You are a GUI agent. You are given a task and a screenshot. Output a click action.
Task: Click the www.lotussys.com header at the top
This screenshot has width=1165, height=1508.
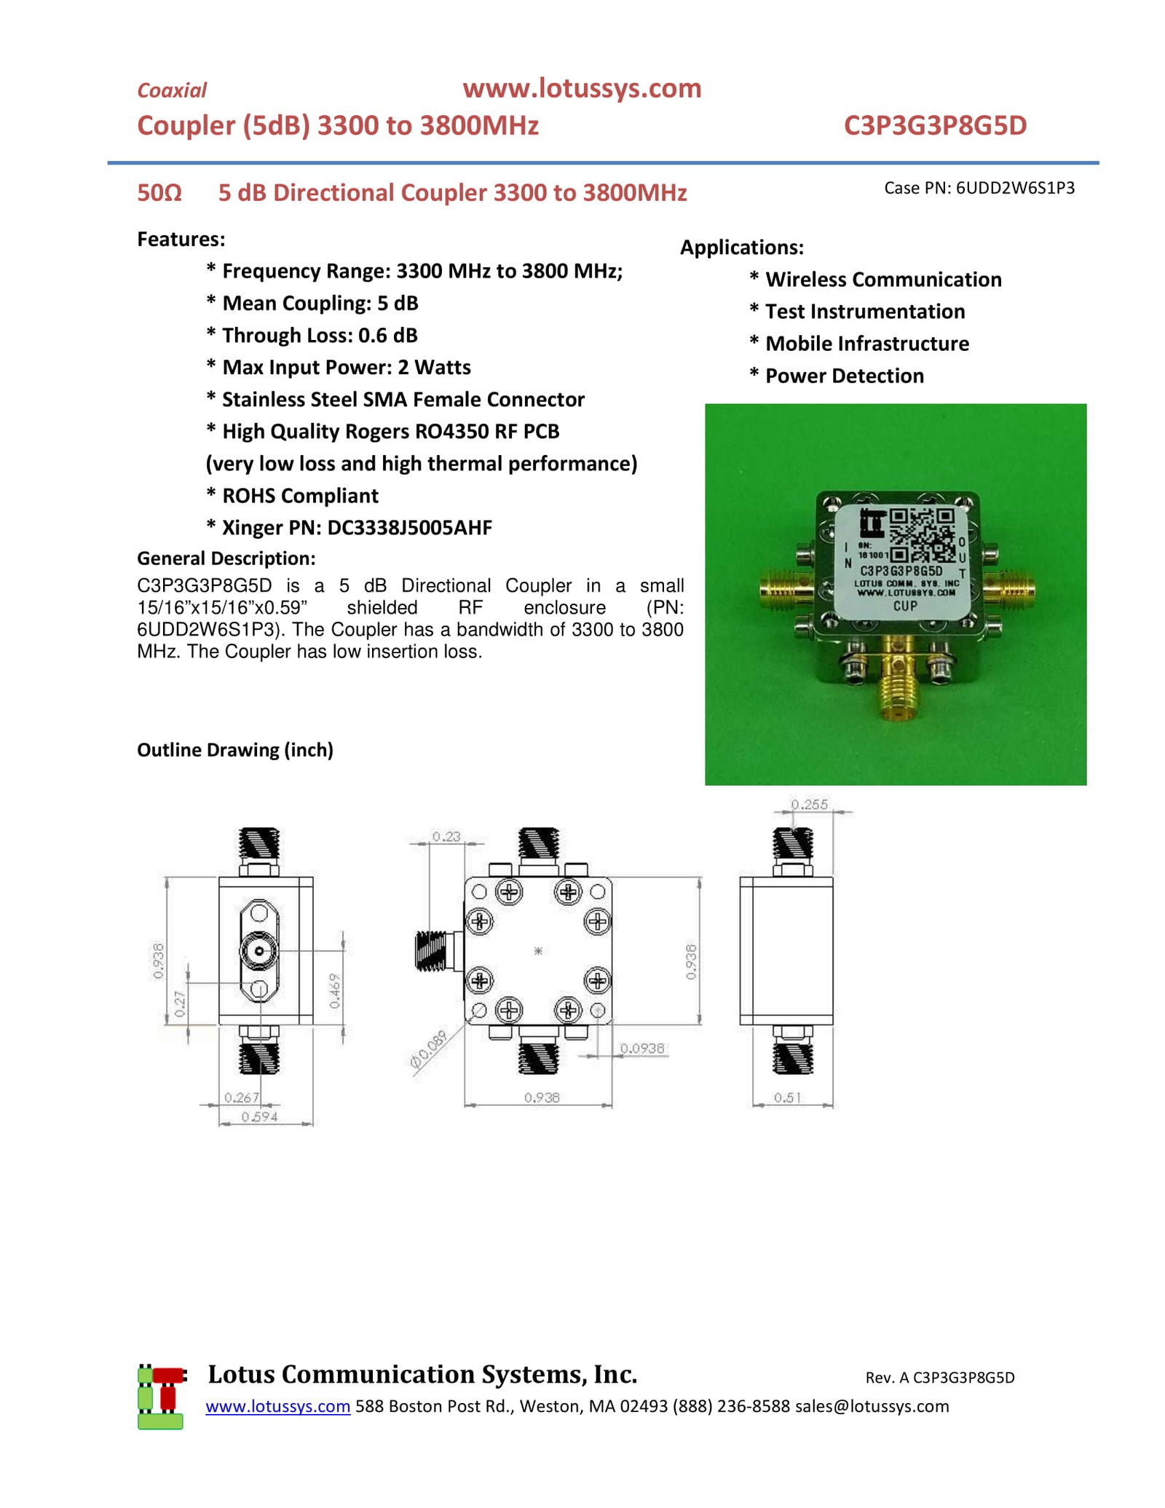click(x=581, y=89)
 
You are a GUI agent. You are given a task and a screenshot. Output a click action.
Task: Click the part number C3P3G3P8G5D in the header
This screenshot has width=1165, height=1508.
click(x=934, y=126)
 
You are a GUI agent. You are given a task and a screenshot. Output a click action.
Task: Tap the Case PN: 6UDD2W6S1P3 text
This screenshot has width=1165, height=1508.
click(x=979, y=188)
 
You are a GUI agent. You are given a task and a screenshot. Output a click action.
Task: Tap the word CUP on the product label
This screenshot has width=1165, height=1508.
click(x=905, y=606)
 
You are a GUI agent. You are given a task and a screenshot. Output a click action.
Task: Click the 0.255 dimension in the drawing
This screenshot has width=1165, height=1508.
click(x=809, y=805)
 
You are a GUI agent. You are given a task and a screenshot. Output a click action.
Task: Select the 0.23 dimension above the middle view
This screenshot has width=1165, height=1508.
click(x=446, y=837)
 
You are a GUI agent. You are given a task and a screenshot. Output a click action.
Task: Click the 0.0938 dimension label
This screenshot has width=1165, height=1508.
click(x=641, y=1049)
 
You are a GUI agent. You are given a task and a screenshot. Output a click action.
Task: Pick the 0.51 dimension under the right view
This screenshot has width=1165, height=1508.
click(x=787, y=1097)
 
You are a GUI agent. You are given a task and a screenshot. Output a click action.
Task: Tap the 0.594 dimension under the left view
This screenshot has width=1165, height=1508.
click(x=259, y=1116)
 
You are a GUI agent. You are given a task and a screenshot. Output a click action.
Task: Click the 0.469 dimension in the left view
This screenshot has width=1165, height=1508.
click(x=334, y=991)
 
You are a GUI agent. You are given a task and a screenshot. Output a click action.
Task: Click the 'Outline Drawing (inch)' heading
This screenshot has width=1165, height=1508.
click(x=234, y=750)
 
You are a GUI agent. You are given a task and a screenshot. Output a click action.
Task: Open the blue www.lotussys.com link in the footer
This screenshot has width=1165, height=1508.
click(x=277, y=1406)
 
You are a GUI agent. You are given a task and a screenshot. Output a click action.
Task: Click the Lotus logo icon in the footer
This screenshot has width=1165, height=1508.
click(x=160, y=1397)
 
